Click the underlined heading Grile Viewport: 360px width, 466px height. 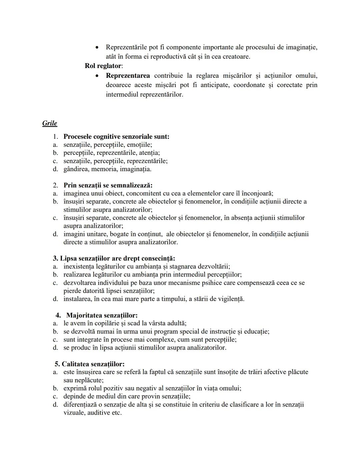[49, 123]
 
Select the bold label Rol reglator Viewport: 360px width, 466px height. [103, 66]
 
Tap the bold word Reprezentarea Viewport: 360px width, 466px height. [128, 75]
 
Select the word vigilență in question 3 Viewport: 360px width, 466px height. [230, 299]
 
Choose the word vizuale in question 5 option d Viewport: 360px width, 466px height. [74, 413]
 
